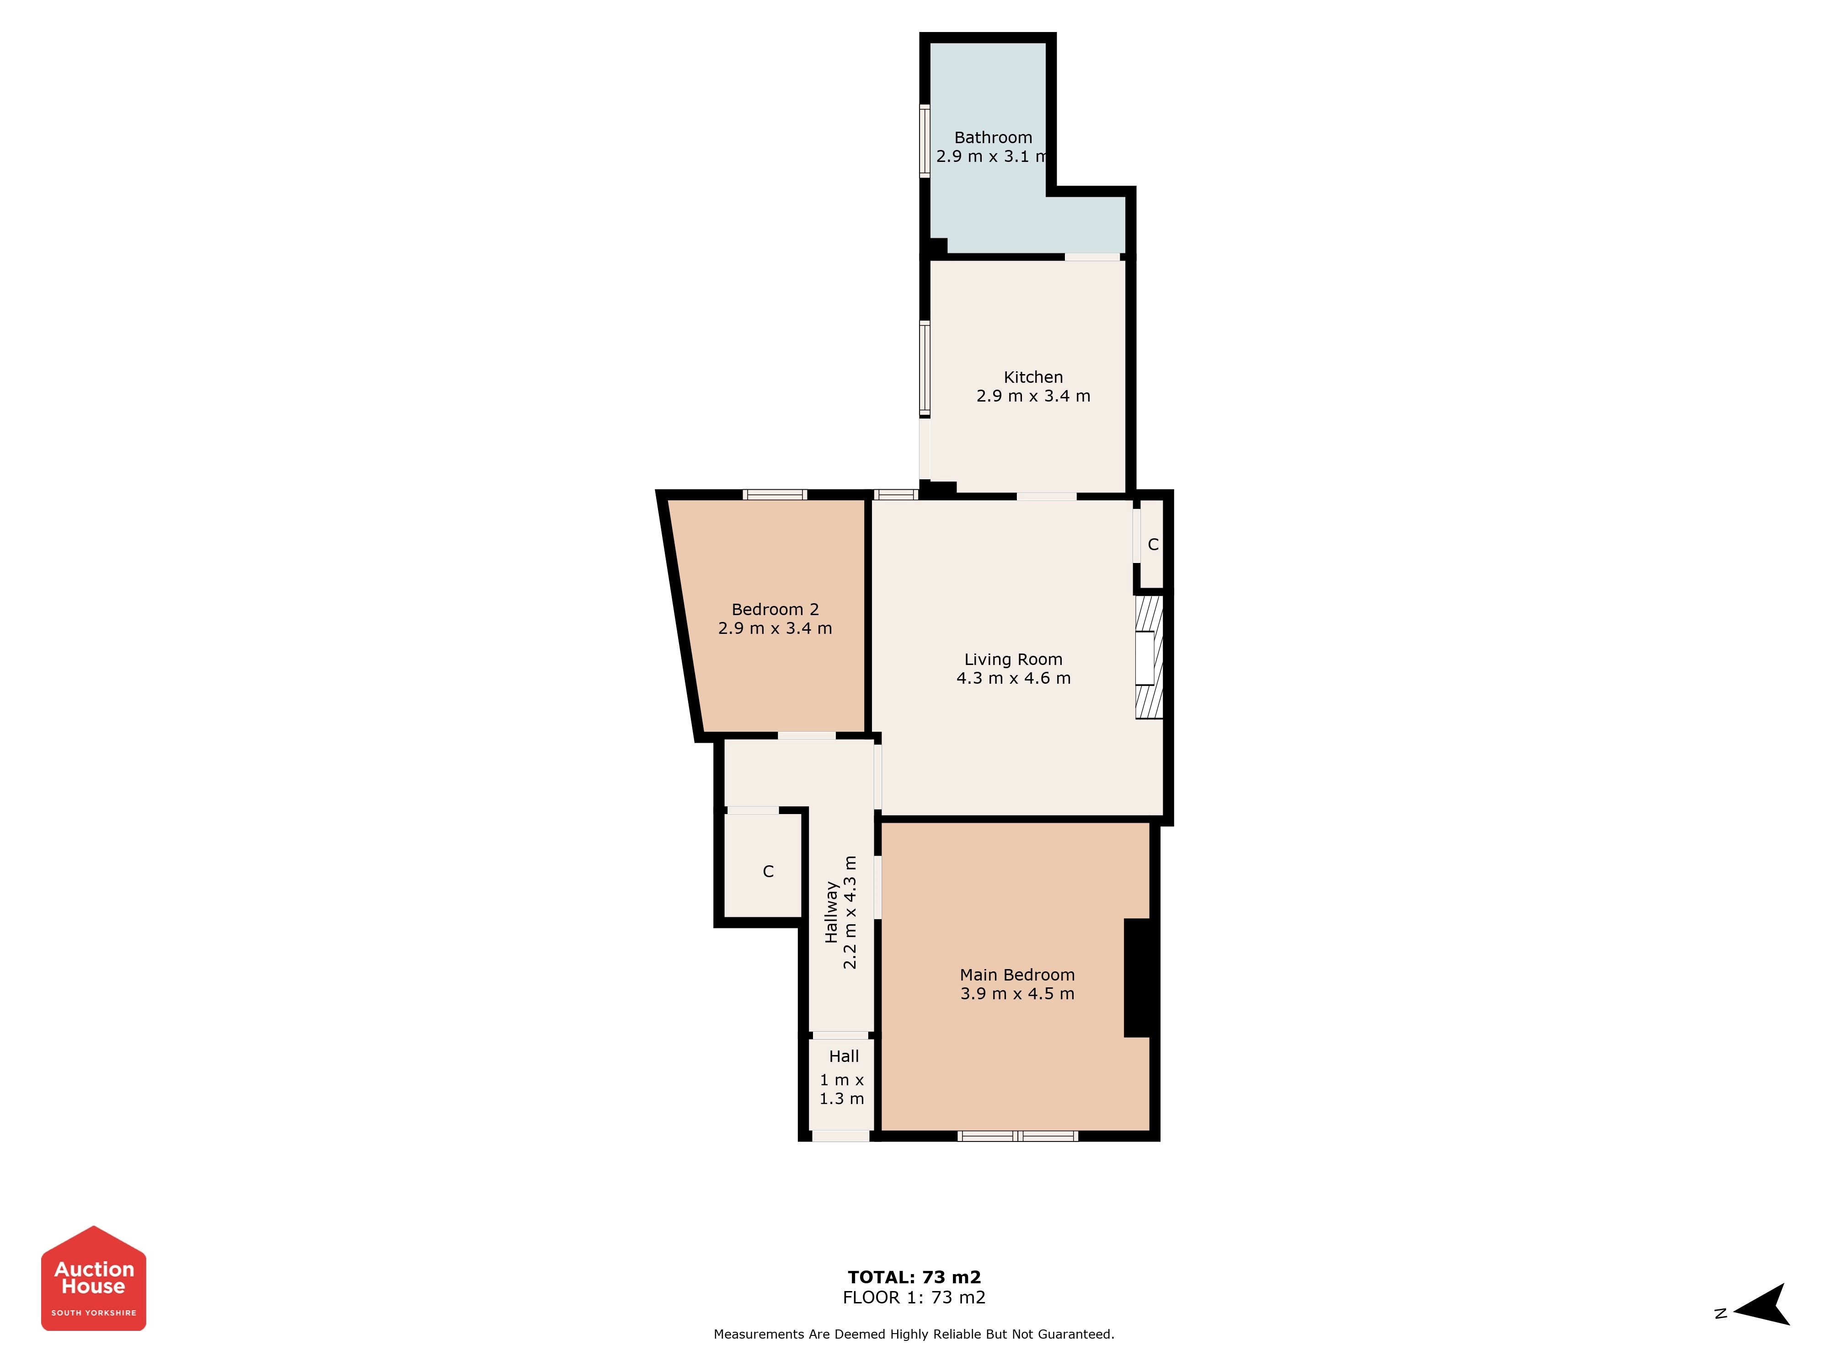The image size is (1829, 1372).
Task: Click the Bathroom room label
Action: click(993, 137)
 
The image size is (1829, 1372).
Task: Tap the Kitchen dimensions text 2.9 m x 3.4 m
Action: click(1033, 396)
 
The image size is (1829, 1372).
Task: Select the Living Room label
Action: click(1013, 659)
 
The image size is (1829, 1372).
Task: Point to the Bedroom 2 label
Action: click(775, 610)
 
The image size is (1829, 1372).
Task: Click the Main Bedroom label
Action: click(1017, 975)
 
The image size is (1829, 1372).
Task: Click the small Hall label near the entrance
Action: click(843, 1056)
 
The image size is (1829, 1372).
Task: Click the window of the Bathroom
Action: click(925, 140)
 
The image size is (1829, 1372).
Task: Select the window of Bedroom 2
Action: click(775, 494)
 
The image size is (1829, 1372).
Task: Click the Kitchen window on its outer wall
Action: click(925, 368)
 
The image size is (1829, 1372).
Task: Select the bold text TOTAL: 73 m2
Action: click(914, 1277)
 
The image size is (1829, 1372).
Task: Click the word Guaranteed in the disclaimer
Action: click(1072, 1334)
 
